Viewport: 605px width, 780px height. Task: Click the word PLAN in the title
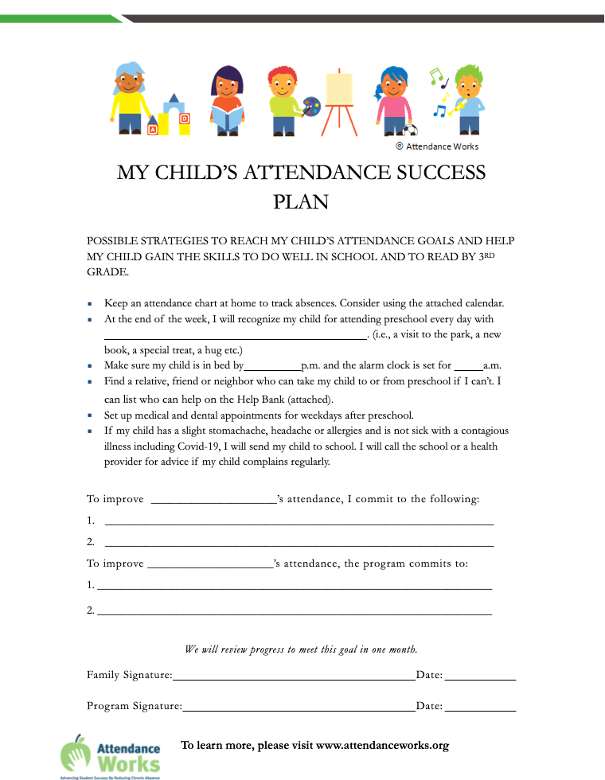point(301,201)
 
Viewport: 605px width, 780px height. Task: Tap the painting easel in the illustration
point(339,99)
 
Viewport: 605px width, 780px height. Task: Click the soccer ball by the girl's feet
point(410,131)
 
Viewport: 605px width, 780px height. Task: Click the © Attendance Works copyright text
point(437,146)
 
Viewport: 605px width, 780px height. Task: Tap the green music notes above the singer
point(435,76)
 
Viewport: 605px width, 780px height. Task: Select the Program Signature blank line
point(299,708)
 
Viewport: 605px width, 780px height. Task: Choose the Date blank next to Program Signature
point(480,708)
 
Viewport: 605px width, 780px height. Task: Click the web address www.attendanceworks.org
point(382,746)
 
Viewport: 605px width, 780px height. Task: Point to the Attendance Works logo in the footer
point(111,754)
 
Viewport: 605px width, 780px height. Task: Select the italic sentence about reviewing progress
point(302,649)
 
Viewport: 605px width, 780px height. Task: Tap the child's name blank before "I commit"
point(213,503)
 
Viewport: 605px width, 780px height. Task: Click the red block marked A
point(152,129)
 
